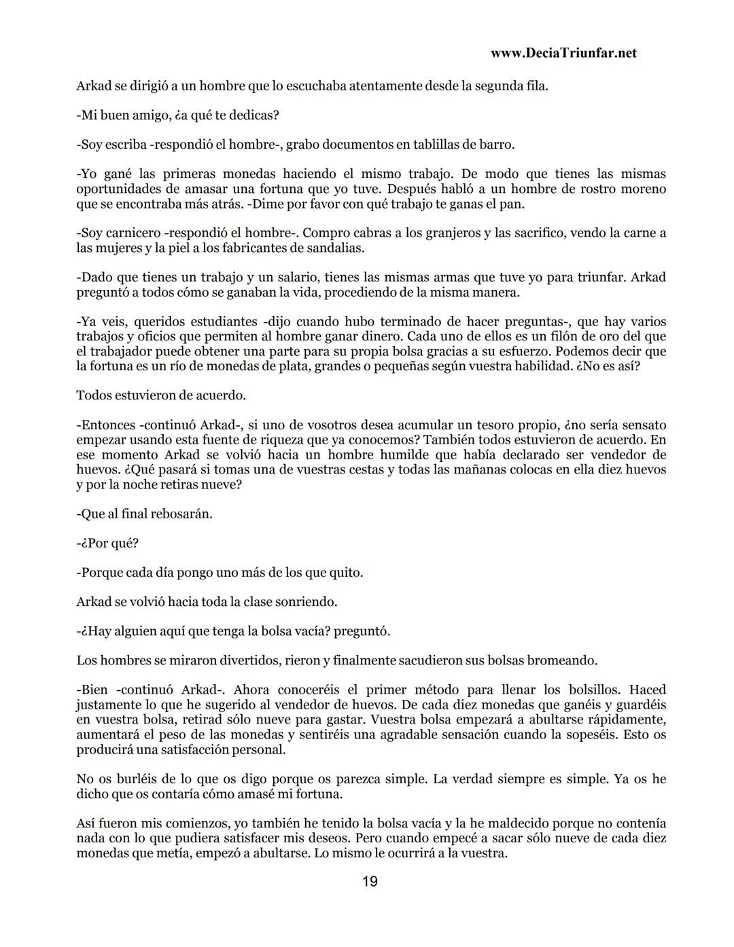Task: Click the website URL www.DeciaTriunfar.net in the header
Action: point(563,53)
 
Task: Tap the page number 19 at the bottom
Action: point(370,882)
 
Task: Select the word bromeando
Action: point(563,660)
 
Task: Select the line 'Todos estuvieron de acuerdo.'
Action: point(161,395)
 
